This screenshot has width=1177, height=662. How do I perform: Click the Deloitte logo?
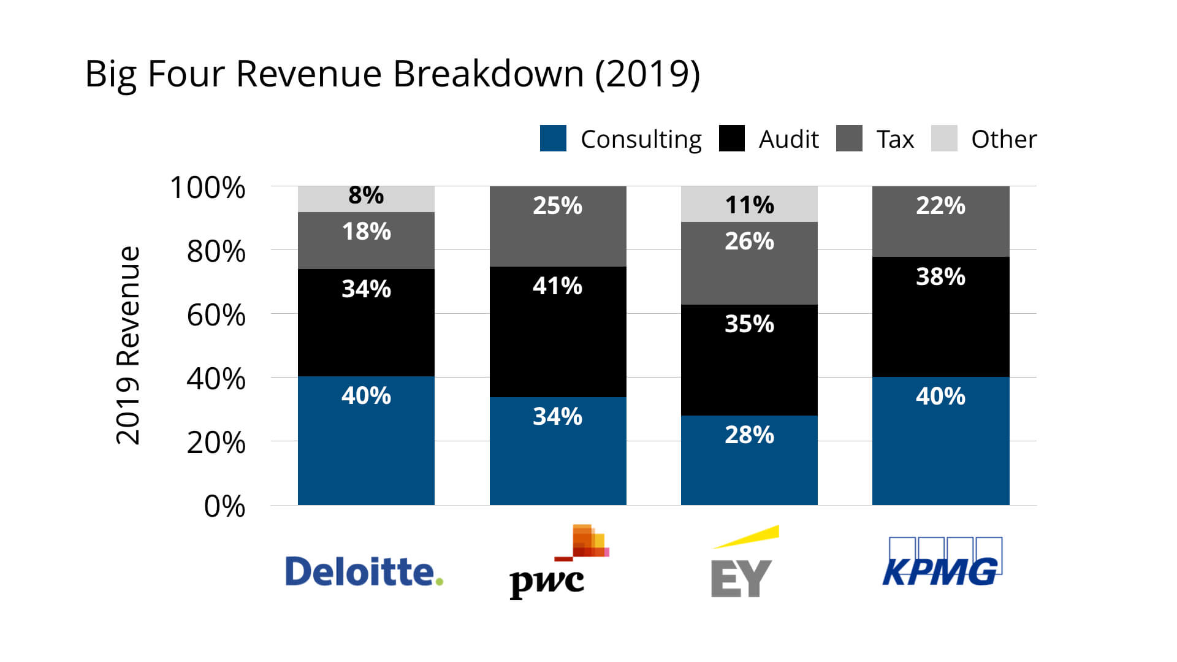(x=364, y=571)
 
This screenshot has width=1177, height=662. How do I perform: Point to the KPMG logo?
(x=942, y=563)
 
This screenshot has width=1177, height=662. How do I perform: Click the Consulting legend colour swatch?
(x=553, y=139)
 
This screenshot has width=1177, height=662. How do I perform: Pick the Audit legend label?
(x=788, y=139)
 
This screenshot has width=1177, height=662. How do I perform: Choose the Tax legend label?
(x=895, y=139)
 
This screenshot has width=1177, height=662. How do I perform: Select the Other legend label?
(x=1004, y=139)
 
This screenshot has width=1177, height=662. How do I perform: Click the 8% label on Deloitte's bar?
(x=366, y=196)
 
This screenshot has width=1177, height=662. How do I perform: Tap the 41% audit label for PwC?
(x=557, y=286)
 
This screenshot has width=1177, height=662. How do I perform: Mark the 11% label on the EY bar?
(x=749, y=205)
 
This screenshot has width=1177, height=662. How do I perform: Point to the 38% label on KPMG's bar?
(x=940, y=277)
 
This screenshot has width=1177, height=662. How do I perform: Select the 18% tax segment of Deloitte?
(x=366, y=241)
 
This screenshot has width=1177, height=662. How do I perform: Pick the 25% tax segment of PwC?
(x=558, y=227)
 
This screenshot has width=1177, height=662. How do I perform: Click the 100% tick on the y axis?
(x=208, y=188)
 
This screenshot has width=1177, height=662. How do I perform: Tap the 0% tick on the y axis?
(x=224, y=507)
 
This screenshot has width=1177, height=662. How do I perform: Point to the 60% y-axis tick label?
(x=216, y=316)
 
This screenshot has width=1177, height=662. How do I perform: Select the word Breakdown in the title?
(x=488, y=74)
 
